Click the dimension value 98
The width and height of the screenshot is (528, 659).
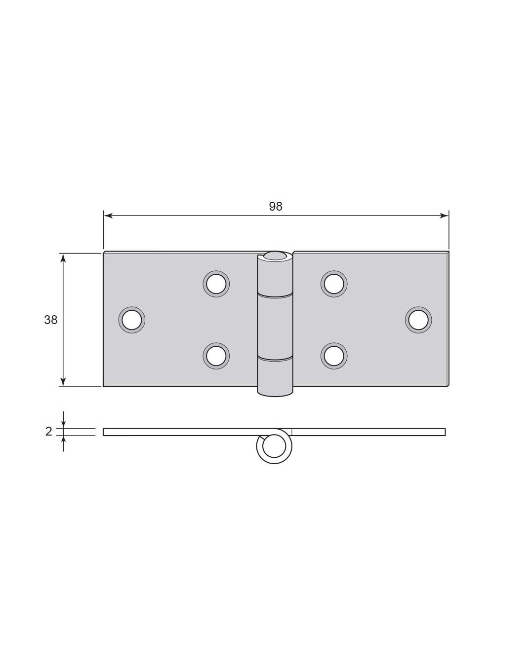276,206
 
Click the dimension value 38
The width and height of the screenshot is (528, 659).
51,320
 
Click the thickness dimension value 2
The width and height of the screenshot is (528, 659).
48,432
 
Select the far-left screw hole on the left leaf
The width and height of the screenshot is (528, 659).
131,320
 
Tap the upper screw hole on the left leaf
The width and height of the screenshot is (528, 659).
216,284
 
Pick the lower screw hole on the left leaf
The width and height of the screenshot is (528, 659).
216,356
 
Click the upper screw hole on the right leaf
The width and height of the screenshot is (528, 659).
334,284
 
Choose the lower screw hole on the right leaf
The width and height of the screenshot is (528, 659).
334,356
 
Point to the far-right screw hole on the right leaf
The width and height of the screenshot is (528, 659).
418,320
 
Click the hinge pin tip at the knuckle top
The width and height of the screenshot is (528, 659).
275,256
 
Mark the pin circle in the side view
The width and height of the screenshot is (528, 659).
274,447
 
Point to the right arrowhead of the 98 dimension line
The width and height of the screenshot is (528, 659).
444,216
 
